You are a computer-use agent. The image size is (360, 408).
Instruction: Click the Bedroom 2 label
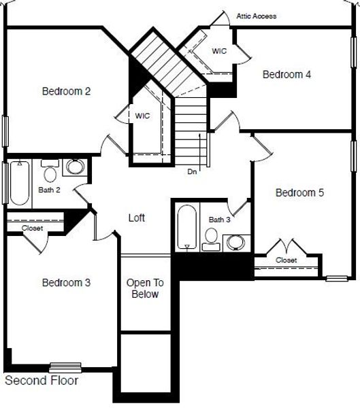67,91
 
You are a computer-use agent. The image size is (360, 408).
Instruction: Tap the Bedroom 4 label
287,74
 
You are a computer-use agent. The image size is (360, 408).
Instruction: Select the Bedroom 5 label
299,193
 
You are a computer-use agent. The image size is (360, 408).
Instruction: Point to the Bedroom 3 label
67,282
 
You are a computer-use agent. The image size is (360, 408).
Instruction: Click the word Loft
137,218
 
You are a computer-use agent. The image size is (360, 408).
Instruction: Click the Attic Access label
257,16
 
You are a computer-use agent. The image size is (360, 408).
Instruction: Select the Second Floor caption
42,381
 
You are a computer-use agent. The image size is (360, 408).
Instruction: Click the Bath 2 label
49,190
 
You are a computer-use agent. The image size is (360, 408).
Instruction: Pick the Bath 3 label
219,220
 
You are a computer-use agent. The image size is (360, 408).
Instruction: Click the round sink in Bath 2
74,167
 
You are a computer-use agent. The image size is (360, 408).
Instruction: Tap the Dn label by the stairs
193,172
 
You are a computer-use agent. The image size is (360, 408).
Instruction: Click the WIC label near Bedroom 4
219,50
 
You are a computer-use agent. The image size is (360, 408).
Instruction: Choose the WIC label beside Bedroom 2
142,116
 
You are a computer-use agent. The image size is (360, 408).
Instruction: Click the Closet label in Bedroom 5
286,260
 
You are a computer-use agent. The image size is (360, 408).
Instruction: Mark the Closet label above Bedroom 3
32,228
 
